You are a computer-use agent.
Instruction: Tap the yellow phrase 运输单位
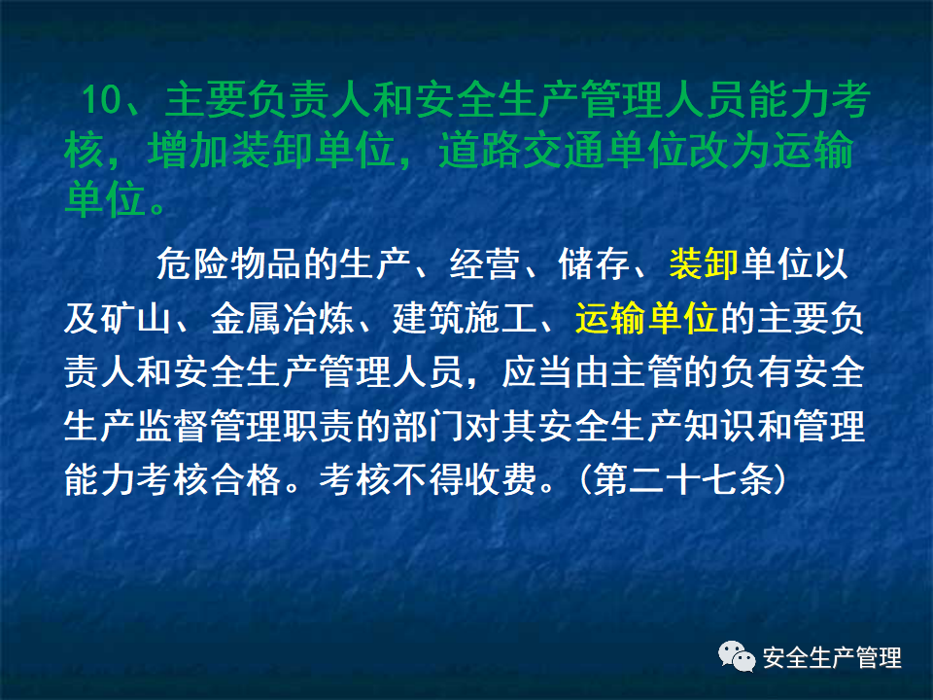tap(645, 318)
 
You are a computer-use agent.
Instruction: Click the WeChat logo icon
tap(738, 657)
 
